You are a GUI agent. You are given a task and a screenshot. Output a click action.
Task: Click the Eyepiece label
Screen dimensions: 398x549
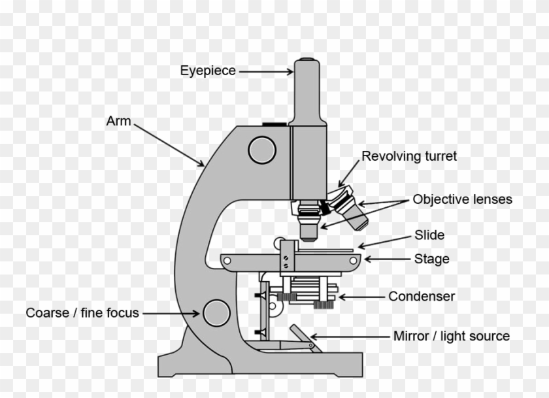(x=208, y=71)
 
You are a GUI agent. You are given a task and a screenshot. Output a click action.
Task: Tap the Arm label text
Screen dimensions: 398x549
(x=118, y=121)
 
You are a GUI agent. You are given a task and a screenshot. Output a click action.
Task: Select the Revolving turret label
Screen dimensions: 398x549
(x=409, y=156)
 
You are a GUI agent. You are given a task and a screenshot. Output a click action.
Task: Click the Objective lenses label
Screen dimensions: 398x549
(x=462, y=200)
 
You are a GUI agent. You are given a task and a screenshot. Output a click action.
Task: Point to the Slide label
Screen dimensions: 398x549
(x=429, y=235)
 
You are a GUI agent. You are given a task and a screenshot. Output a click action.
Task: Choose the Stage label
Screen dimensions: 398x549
(x=431, y=259)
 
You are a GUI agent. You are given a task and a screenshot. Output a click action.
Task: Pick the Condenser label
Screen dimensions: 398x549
(x=422, y=297)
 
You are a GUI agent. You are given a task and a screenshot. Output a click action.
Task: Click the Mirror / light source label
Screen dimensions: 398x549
(x=451, y=337)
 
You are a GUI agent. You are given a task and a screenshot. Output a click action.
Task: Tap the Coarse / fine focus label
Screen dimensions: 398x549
(x=82, y=313)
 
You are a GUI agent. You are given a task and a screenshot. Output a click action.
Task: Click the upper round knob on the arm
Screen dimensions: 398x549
(x=262, y=150)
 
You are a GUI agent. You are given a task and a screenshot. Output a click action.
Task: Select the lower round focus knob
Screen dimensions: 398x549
(x=216, y=313)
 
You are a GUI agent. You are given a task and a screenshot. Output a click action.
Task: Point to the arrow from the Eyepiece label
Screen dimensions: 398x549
(x=265, y=72)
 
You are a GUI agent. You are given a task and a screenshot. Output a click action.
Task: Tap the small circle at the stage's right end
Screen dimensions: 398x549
(x=354, y=261)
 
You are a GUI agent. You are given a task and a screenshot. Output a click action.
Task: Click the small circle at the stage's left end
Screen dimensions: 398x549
(x=227, y=261)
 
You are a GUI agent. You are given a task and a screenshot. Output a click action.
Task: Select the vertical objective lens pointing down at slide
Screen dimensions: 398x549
(x=308, y=222)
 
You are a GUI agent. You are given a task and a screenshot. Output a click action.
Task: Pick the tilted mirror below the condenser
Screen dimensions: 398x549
(x=305, y=339)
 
